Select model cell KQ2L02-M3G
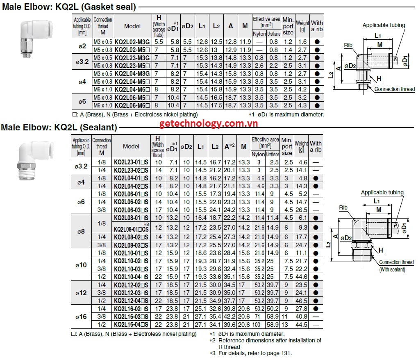click(132, 42)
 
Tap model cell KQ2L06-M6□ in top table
click(132, 105)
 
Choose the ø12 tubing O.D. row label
click(81, 293)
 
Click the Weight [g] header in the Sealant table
click(301, 146)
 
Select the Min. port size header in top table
click(288, 26)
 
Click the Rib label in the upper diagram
click(348, 45)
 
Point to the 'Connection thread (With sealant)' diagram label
click(396, 265)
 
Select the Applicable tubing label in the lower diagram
click(382, 192)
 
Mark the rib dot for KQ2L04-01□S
click(316, 178)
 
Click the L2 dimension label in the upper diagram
click(331, 75)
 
